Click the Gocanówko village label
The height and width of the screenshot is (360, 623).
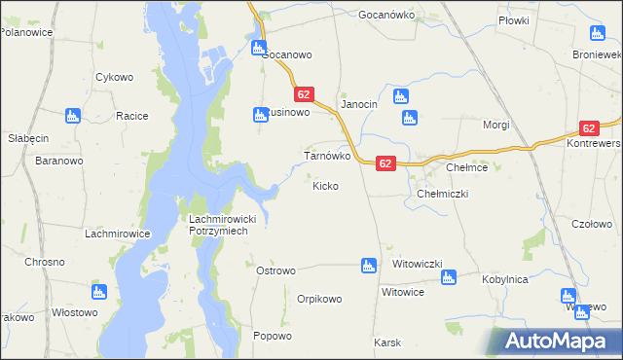pyautogui.click(x=386, y=16)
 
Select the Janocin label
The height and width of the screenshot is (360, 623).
pyautogui.click(x=357, y=104)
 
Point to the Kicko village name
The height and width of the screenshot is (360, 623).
pyautogui.click(x=325, y=185)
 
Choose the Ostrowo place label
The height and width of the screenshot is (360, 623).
pyautogui.click(x=275, y=270)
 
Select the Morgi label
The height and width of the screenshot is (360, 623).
pyautogui.click(x=496, y=126)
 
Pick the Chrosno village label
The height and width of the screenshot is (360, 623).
pyautogui.click(x=45, y=262)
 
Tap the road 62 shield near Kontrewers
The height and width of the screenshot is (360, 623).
pyautogui.click(x=588, y=127)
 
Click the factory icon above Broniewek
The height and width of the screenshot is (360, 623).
pyautogui.click(x=595, y=32)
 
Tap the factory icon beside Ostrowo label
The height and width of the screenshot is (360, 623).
pyautogui.click(x=368, y=265)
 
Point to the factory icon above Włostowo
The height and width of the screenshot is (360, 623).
pyautogui.click(x=98, y=291)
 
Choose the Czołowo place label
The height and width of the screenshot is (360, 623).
pyautogui.click(x=592, y=224)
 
